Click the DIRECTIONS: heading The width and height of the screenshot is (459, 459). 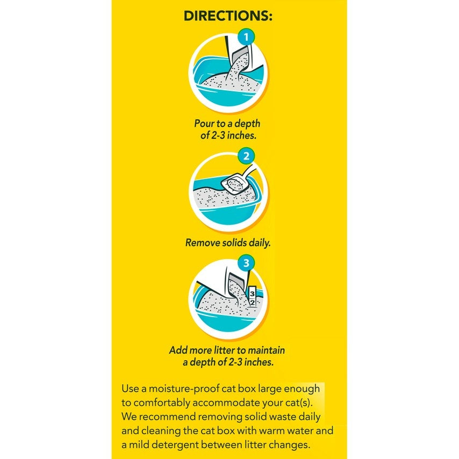[228, 16]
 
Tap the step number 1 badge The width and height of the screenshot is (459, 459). [246, 38]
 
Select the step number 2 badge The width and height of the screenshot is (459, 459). [246, 156]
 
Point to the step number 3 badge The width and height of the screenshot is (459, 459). [246, 263]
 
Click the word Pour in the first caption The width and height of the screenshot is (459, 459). [205, 123]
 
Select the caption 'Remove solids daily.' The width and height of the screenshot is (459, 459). [228, 242]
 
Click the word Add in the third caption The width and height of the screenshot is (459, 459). [179, 350]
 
